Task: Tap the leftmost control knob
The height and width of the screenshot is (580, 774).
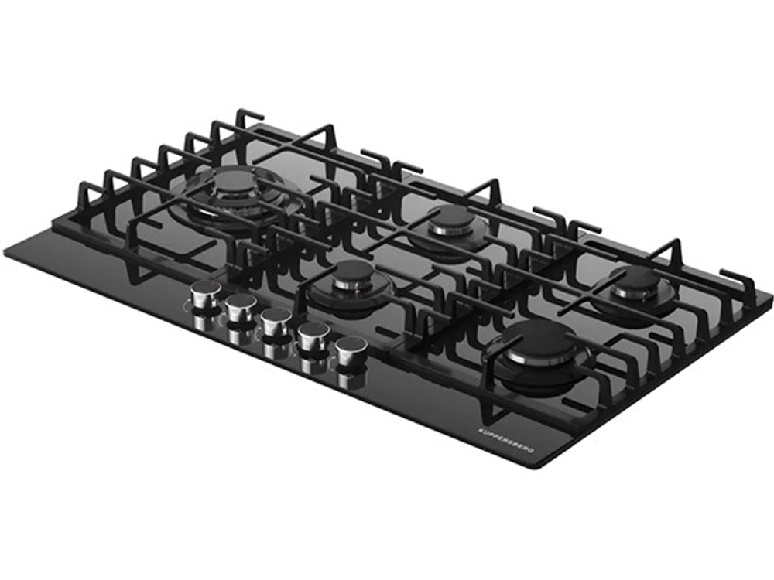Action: click(x=205, y=295)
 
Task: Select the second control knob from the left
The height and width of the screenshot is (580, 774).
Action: click(x=241, y=307)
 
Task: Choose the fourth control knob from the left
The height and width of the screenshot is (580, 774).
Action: click(x=313, y=336)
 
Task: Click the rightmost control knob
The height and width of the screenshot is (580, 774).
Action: click(x=351, y=350)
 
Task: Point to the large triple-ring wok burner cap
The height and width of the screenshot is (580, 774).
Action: click(x=238, y=182)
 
